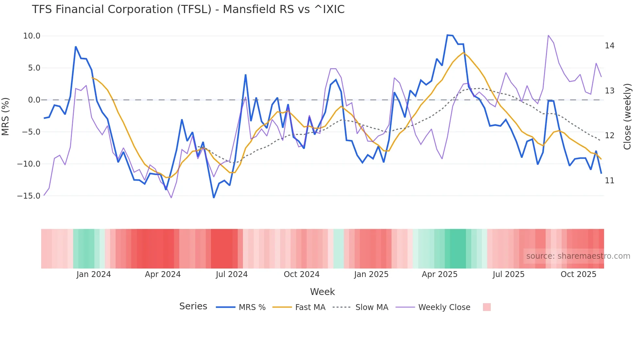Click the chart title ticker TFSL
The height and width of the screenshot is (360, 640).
(x=194, y=9)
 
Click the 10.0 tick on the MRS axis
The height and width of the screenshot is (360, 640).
(x=32, y=36)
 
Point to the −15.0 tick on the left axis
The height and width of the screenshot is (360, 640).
(x=29, y=196)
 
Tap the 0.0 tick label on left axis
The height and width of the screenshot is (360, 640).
(x=34, y=100)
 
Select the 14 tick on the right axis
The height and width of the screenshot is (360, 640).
(x=609, y=46)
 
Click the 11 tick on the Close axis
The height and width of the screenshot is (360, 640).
(x=609, y=181)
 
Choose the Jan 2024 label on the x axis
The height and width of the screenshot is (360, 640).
(x=94, y=274)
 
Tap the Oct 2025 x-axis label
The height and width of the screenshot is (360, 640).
(x=578, y=274)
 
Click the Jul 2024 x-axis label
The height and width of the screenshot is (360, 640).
(x=232, y=274)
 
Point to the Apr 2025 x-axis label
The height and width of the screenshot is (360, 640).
(x=440, y=274)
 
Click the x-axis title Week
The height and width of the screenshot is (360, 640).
(x=322, y=292)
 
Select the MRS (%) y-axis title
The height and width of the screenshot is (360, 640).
(x=6, y=116)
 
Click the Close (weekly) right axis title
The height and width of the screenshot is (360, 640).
(x=627, y=116)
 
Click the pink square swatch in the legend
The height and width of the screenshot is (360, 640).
(x=487, y=307)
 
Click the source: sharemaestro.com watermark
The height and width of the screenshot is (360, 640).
(x=578, y=256)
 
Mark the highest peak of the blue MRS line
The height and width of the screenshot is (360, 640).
(x=447, y=35)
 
